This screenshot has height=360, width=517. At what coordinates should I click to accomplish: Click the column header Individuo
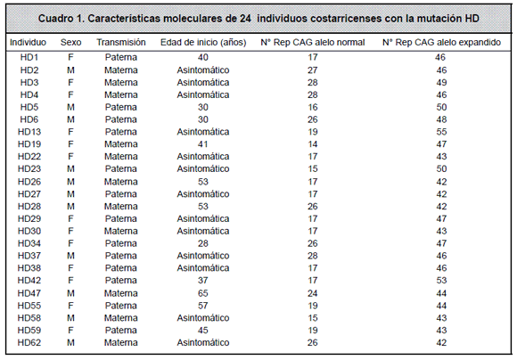coord(28,43)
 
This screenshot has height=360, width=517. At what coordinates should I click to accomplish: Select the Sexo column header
coord(71,43)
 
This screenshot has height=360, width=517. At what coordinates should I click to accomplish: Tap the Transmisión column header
coord(121,43)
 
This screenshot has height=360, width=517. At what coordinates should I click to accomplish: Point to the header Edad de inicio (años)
coord(203,43)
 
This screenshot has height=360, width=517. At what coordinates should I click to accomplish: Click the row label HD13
coord(29,132)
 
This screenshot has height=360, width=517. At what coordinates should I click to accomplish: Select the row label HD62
coord(29,343)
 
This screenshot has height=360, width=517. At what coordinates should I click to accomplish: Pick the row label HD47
coord(29,293)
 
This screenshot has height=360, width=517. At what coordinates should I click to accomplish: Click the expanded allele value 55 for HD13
coord(441,132)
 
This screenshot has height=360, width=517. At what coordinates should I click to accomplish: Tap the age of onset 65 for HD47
coord(203,293)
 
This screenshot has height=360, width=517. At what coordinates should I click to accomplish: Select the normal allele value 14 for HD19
coord(313,144)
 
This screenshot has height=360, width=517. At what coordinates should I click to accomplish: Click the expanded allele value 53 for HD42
coord(441,281)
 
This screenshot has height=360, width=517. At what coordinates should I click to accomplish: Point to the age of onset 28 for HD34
coord(203,243)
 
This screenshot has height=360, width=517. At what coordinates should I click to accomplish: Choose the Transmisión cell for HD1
coord(121,57)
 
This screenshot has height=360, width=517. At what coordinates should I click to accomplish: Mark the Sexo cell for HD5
coord(71,108)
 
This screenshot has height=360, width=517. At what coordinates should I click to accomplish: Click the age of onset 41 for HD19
coord(203,144)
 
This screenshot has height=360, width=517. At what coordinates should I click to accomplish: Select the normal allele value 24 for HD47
coord(313,293)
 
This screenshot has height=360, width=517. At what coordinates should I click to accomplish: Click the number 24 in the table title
coord(245,19)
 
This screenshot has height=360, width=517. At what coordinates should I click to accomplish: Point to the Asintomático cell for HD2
coord(203,70)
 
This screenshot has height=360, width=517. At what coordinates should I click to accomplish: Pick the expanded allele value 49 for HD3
coord(441,83)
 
